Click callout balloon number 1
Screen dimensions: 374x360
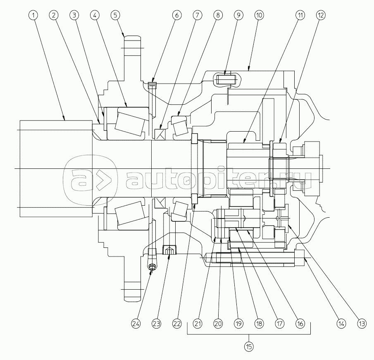coord(33,15)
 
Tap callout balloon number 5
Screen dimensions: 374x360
coord(115,15)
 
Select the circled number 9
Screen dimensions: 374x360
coord(238,15)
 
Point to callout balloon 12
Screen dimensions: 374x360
coord(321,15)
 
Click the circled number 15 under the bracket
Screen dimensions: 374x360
coord(249,346)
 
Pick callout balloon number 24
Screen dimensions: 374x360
coord(136,324)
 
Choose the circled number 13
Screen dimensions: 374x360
coord(362,324)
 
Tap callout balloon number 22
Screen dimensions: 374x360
coord(177,324)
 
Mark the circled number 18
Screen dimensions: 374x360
coord(259,324)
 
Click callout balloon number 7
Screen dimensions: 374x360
coord(197,15)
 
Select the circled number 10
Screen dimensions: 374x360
coord(259,15)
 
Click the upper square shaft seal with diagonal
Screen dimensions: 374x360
coord(160,134)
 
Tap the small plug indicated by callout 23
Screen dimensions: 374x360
coord(169,250)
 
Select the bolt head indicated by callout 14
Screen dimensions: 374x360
coord(300,258)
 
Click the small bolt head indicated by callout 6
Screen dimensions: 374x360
coord(152,85)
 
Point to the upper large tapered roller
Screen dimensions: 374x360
coord(130,122)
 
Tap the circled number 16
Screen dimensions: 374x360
coord(300,324)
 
